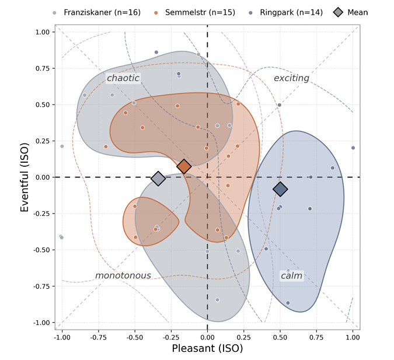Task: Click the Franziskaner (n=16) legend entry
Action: tap(97, 12)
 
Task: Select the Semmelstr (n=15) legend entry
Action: tap(195, 12)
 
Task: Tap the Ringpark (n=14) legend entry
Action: tap(285, 12)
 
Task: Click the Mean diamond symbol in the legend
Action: tap(338, 12)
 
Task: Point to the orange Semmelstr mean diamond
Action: tap(184, 166)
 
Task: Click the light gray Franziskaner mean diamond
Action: tap(158, 179)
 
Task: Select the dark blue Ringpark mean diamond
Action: tap(280, 189)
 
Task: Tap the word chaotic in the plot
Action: tap(123, 78)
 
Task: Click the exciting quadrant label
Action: tap(291, 78)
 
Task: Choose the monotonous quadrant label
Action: tap(123, 275)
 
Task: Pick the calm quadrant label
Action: tap(291, 276)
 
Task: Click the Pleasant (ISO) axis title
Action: tap(207, 348)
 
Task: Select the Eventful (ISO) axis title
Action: tap(25, 177)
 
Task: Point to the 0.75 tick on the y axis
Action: tap(42, 68)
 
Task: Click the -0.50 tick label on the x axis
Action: tap(135, 337)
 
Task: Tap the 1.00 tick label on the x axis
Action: tap(353, 337)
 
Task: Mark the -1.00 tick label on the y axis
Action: tap(41, 323)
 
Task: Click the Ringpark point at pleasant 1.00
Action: tap(353, 148)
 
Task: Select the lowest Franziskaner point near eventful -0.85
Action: tap(217, 300)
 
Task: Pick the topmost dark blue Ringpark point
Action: tap(156, 53)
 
